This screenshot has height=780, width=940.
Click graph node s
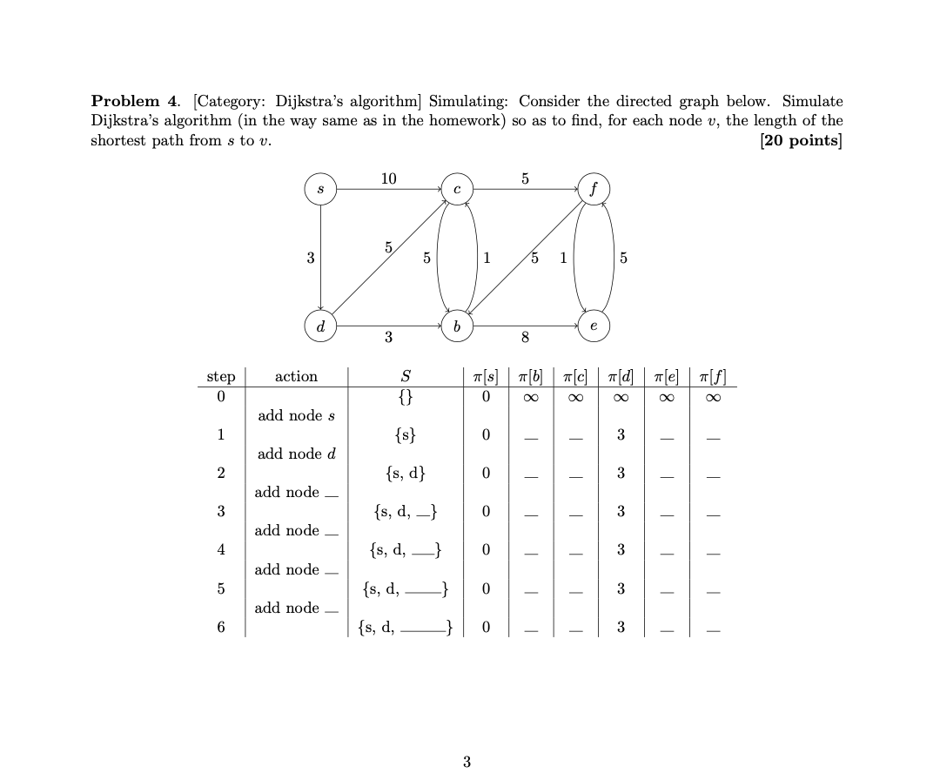tap(321, 189)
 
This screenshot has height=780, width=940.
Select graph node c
tap(456, 189)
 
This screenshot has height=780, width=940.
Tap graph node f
tap(593, 189)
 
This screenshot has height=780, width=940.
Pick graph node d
tap(321, 326)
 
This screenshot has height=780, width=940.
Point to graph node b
tap(456, 326)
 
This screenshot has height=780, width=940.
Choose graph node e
tap(593, 326)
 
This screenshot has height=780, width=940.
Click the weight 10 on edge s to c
tap(388, 178)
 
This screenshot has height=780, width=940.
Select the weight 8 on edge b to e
tap(525, 338)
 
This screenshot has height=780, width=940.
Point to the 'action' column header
tap(296, 377)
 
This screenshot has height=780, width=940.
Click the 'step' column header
tap(220, 377)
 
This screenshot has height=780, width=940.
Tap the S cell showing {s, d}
tap(405, 474)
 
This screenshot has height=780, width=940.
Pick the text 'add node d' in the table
tap(297, 454)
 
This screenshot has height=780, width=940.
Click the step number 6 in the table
tap(220, 627)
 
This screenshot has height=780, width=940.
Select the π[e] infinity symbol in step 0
tap(666, 397)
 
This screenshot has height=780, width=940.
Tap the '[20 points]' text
tap(801, 141)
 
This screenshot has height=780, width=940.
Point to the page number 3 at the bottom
tap(467, 763)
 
